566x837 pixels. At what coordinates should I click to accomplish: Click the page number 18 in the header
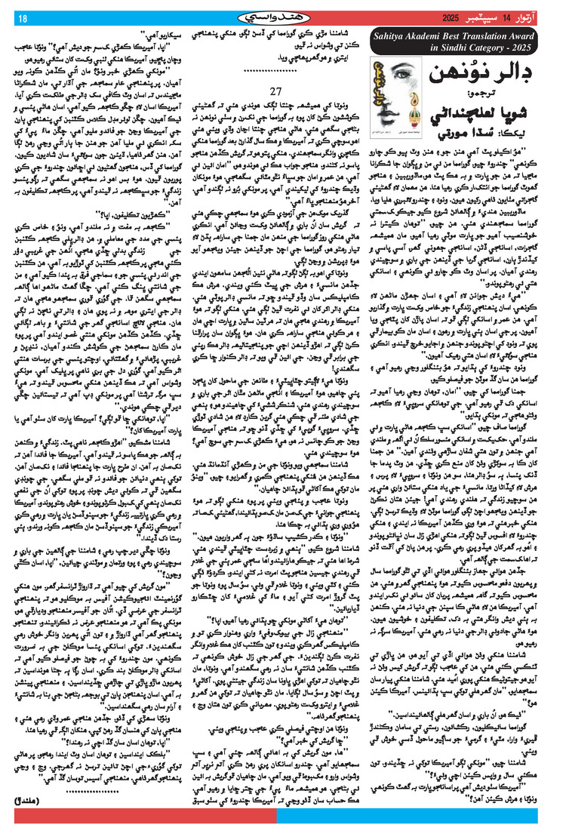point(22,17)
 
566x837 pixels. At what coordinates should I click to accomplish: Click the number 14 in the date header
point(518,17)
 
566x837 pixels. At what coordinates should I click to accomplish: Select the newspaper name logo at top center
point(282,17)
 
